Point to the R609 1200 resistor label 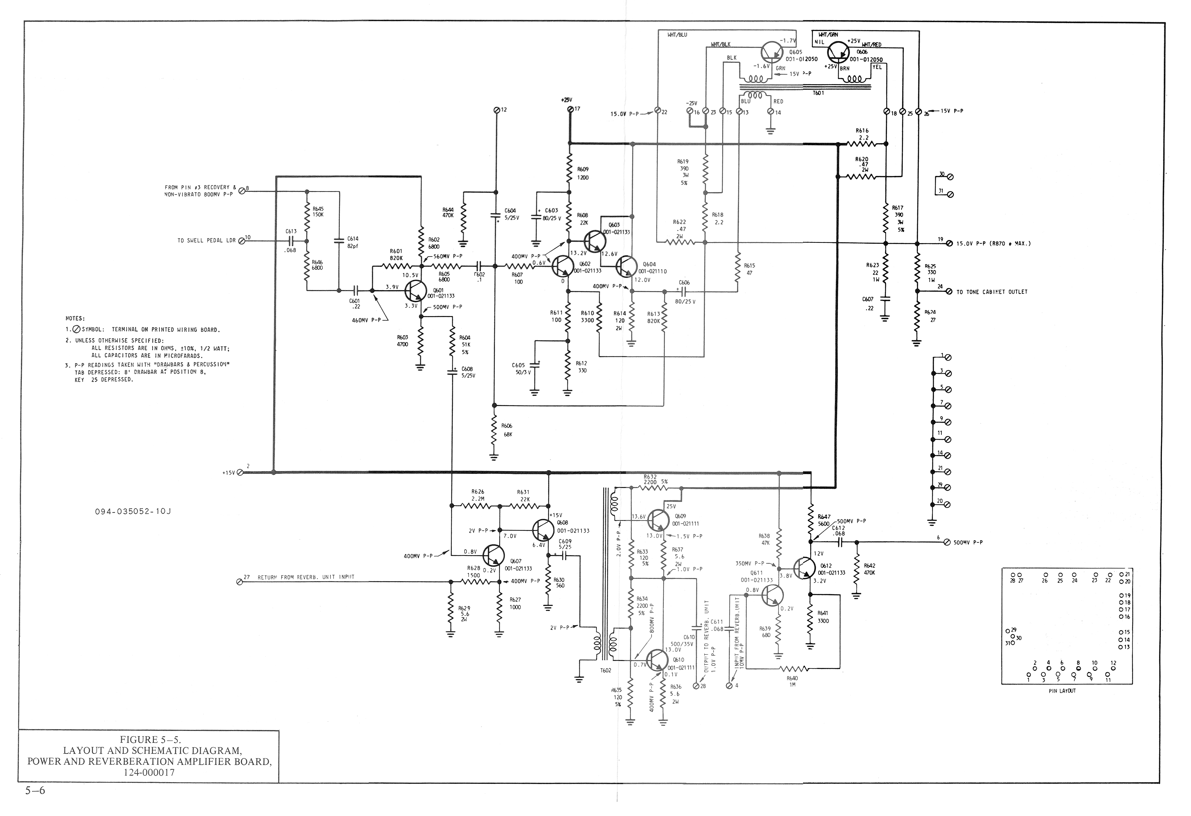[583, 173]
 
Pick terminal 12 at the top [496, 110]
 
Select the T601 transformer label [818, 93]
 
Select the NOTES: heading [75, 318]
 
